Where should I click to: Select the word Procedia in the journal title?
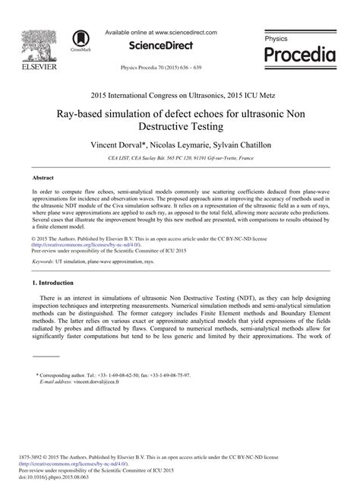coord(299,55)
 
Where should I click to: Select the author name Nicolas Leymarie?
coord(178,144)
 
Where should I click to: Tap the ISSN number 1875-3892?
coord(33,456)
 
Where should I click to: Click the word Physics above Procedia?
coord(276,37)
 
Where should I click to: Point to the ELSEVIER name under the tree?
coord(32,66)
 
